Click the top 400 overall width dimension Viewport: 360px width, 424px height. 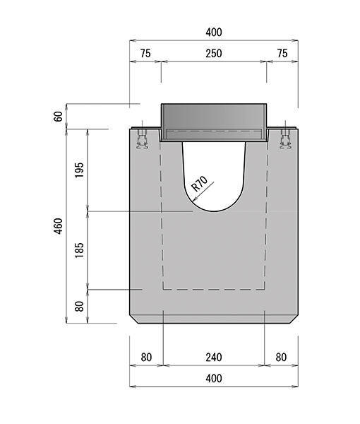coord(214,33)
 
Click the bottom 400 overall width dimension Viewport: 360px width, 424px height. coord(214,378)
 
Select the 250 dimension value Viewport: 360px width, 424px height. coord(214,53)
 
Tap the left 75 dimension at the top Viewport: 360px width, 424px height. coord(145,53)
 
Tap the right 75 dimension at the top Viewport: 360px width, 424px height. coord(282,53)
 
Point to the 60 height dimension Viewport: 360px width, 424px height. coord(59,117)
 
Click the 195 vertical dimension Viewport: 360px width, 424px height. coord(79,170)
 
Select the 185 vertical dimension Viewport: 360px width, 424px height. coord(79,250)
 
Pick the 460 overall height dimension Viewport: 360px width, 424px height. coord(59,226)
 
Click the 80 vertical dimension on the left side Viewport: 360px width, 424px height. coord(79,307)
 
